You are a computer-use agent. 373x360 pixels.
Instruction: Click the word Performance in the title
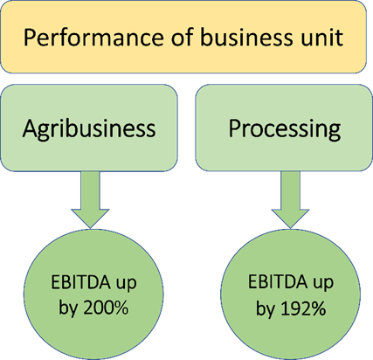[93, 38]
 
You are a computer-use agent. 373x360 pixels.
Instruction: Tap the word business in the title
[247, 37]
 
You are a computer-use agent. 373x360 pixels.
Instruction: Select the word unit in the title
[321, 38]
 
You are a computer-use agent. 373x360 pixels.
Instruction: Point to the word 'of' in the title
[182, 37]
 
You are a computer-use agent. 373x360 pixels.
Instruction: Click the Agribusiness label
[89, 129]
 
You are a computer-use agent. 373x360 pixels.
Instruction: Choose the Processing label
[285, 129]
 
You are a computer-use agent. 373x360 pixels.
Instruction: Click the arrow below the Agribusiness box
[90, 200]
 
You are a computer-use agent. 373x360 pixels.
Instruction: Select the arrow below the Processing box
[290, 200]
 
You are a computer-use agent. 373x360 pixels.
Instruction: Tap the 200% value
[106, 307]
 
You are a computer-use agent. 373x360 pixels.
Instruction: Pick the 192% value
[303, 308]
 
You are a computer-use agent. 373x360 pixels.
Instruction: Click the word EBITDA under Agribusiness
[80, 282]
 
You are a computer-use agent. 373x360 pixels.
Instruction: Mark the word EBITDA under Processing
[278, 281]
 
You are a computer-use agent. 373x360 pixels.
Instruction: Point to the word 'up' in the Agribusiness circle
[127, 284]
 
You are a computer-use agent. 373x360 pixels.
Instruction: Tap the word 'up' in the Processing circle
[323, 283]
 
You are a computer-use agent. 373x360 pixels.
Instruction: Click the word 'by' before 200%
[68, 308]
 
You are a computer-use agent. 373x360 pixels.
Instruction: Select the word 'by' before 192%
[266, 309]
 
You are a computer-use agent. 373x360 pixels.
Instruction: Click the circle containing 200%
[93, 294]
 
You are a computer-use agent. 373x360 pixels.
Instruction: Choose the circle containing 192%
[290, 294]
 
